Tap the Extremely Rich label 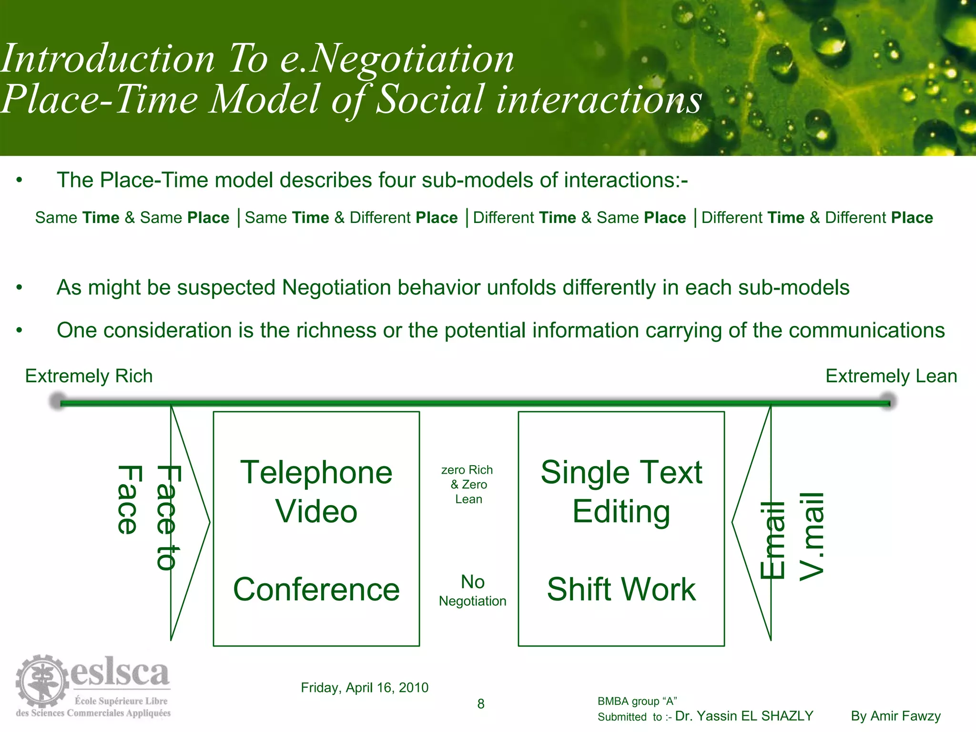89,376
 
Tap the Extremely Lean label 891,376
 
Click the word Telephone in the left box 316,473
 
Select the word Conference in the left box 316,590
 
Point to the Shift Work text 621,590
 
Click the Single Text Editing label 621,492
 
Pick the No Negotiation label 472,591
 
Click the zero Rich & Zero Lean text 467,484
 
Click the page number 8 481,704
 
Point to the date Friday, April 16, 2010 365,687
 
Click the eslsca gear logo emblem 42,681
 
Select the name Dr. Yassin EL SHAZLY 744,716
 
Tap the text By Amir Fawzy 895,716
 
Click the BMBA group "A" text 637,701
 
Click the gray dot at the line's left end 58,401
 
